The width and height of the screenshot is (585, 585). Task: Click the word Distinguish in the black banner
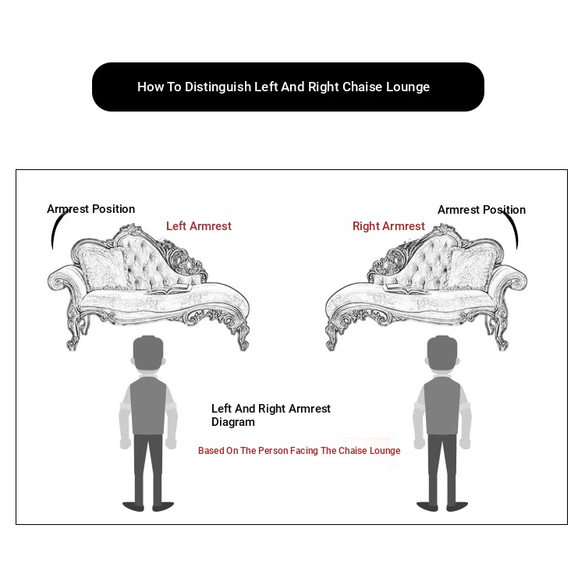tap(218, 87)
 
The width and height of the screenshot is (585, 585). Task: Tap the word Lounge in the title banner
tap(408, 87)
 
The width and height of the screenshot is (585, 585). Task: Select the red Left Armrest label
tap(199, 226)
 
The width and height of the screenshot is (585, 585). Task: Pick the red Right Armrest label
tap(388, 226)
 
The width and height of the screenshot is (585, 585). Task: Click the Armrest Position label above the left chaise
tap(90, 209)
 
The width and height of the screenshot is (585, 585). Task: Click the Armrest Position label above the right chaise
tap(482, 210)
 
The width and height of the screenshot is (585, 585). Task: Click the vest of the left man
tap(148, 406)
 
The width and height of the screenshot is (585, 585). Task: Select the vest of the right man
tap(442, 406)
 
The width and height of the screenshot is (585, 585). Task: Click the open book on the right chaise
tap(406, 289)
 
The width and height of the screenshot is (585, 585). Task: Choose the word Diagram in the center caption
tap(233, 422)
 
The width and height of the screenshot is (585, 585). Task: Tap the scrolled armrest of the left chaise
tap(62, 280)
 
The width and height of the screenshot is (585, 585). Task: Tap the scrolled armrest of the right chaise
tap(512, 280)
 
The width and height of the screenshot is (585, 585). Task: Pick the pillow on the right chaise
tap(473, 268)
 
